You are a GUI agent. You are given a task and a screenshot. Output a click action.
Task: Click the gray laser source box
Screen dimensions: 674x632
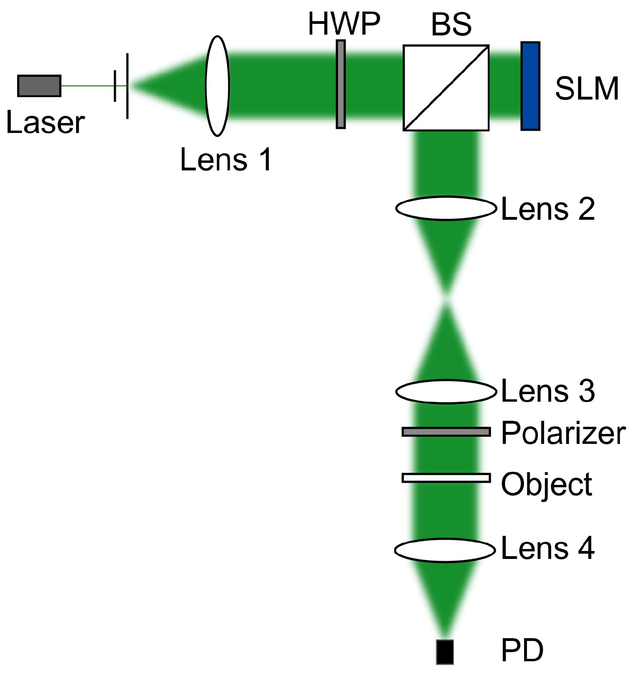click(39, 86)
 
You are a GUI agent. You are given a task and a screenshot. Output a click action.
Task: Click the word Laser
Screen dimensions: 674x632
click(45, 123)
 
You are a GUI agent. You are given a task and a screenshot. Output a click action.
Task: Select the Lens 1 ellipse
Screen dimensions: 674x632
click(217, 86)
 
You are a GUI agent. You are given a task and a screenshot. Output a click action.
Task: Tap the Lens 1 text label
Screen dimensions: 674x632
click(226, 160)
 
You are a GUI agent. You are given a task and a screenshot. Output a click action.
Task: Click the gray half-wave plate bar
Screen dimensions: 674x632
click(340, 84)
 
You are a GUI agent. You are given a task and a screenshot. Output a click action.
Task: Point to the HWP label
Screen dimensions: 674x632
click(344, 24)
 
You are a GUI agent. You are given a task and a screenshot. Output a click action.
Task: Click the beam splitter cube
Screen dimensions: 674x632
click(446, 88)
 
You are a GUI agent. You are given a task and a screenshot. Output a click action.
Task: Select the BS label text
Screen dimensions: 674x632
click(451, 25)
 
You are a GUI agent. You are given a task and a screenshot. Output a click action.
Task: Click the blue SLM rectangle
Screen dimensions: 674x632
click(530, 86)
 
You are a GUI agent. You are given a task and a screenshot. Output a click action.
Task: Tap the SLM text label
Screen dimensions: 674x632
click(587, 88)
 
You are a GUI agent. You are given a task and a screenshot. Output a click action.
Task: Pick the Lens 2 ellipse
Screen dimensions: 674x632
click(446, 208)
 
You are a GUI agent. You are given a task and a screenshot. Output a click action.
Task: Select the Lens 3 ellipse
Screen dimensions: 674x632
click(446, 392)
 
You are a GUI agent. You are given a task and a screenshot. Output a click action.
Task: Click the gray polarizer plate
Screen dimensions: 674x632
click(446, 432)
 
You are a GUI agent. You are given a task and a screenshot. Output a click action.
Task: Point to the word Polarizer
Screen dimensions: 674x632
click(563, 434)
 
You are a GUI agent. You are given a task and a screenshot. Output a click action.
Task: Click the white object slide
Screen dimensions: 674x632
click(446, 478)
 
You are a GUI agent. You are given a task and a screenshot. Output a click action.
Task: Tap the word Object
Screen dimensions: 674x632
click(546, 484)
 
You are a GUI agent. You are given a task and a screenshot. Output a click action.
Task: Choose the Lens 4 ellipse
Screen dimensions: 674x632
click(445, 550)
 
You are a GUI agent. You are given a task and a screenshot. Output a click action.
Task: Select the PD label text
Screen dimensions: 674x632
click(522, 650)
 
